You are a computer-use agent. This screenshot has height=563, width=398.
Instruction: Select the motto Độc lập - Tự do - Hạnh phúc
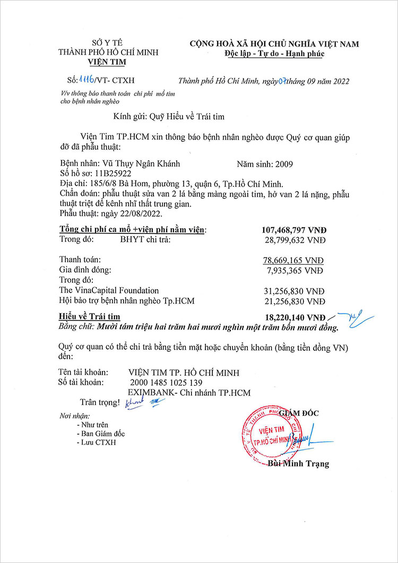point(274,54)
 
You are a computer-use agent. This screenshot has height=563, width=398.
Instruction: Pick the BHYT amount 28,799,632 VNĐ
point(297,240)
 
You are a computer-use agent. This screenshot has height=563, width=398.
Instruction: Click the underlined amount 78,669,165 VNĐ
point(297,260)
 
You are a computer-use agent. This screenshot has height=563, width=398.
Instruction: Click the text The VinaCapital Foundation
point(109,290)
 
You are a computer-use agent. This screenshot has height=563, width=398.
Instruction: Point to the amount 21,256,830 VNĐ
point(297,301)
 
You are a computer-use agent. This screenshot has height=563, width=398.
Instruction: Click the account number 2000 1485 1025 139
point(166,383)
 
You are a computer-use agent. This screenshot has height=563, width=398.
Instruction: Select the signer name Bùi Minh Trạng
point(298,464)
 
